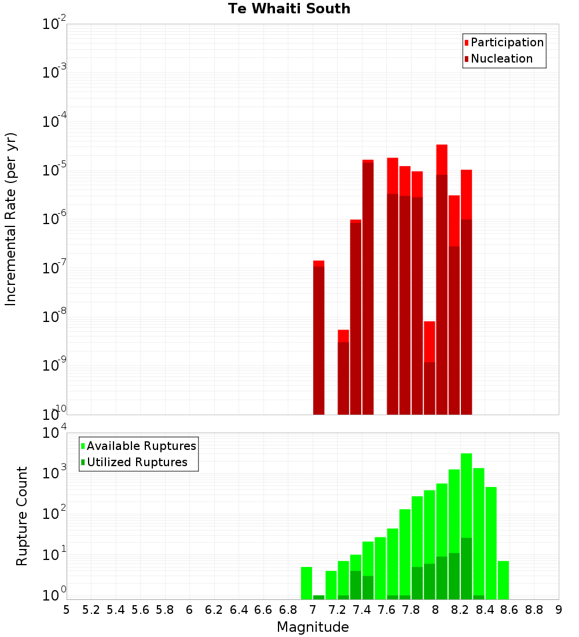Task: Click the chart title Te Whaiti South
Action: click(289, 9)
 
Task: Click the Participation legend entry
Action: click(507, 42)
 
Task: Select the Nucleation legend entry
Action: click(501, 58)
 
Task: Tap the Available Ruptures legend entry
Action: click(141, 446)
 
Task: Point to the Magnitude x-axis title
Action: click(313, 627)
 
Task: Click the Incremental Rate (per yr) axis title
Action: click(11, 219)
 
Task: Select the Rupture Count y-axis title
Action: click(22, 516)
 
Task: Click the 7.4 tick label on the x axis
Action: click(362, 610)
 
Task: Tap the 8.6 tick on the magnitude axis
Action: click(510, 610)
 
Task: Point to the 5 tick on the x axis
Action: click(67, 610)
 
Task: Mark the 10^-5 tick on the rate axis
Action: click(54, 170)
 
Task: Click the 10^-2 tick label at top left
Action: click(54, 24)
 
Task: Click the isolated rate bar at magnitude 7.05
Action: click(318, 339)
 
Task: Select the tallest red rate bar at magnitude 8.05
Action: click(442, 278)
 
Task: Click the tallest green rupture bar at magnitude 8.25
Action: click(467, 521)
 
